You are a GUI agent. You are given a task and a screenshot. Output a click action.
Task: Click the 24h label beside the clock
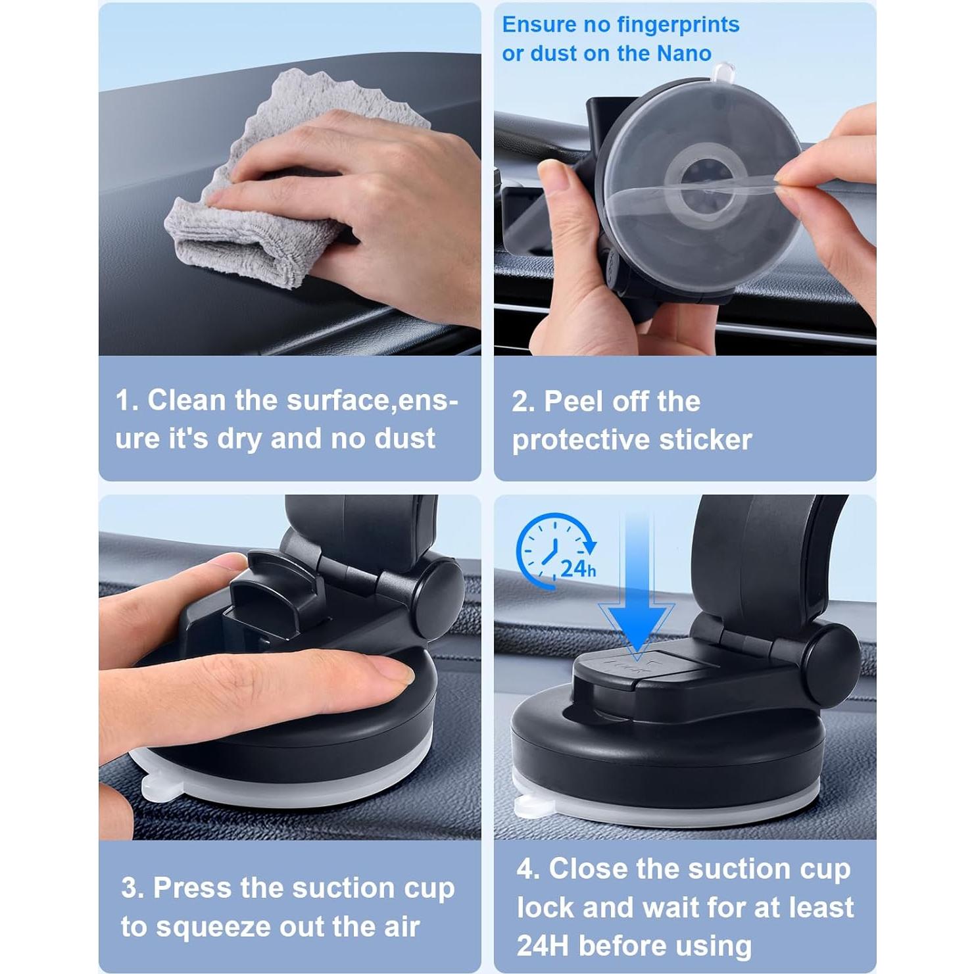tap(578, 568)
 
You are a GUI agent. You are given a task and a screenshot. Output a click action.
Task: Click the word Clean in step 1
tap(187, 401)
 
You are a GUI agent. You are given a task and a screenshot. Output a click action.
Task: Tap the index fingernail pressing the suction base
tap(393, 673)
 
